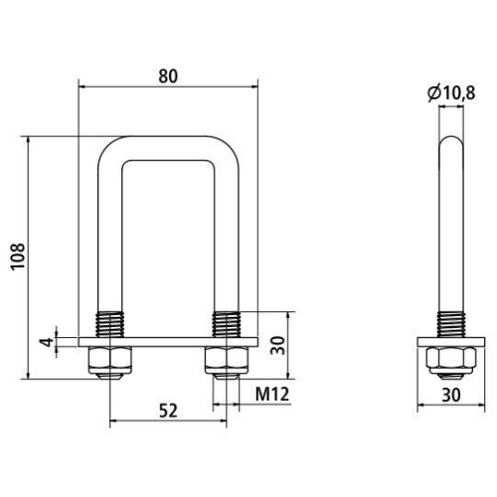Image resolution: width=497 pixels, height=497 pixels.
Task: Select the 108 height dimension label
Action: tap(17, 259)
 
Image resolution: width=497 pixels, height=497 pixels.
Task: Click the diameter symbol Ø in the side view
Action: tap(433, 92)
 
